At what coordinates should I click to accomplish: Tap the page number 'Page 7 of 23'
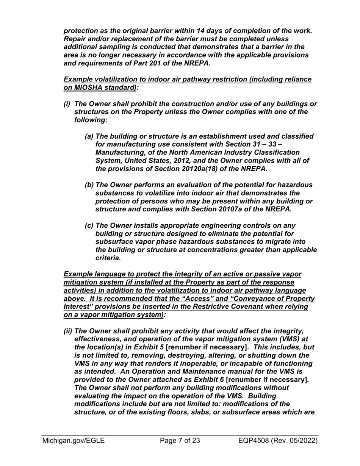pos(180,440)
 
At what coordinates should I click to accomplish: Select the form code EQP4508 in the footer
pos(258,440)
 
